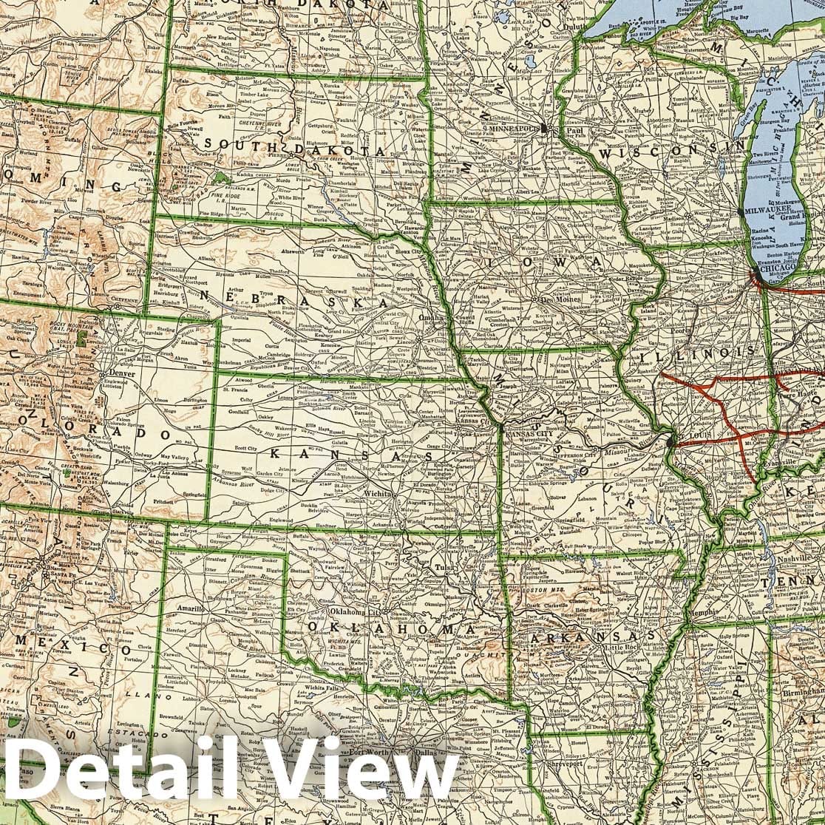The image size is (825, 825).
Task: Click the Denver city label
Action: (122, 373)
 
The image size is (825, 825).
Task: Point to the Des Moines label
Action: (559, 300)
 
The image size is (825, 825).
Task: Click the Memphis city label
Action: (701, 612)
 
